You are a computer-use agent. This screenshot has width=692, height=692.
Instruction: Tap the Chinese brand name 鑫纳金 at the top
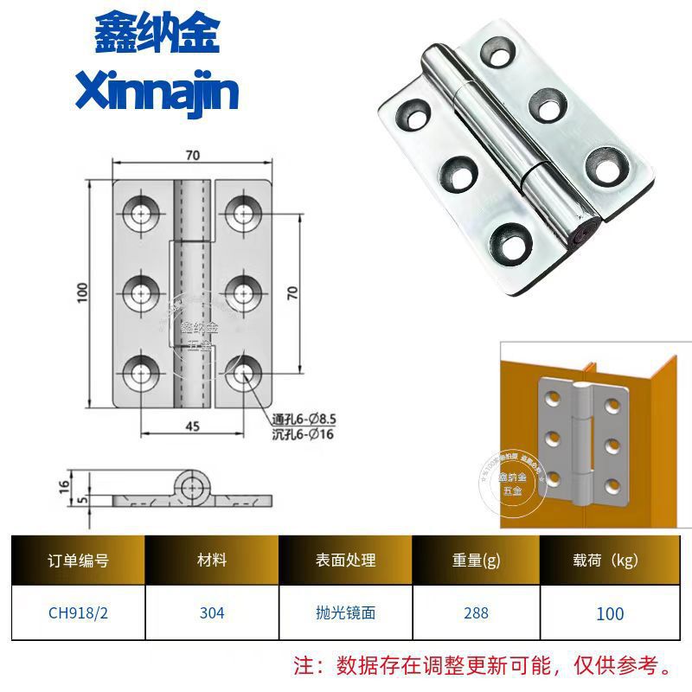157,35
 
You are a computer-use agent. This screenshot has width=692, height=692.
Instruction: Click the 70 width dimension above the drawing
192,156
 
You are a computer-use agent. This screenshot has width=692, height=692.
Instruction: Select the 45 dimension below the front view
192,424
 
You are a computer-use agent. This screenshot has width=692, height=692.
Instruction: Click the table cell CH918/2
78,612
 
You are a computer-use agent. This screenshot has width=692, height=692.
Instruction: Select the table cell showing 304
211,612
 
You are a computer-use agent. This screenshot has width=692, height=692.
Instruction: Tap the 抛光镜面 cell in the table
346,612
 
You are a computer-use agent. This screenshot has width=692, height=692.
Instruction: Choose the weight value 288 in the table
476,612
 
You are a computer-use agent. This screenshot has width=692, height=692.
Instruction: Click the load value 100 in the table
610,613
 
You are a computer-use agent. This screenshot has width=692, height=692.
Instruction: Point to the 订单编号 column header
78,561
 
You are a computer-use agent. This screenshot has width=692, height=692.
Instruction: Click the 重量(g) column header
476,561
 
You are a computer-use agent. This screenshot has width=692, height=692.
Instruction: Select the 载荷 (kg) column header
610,561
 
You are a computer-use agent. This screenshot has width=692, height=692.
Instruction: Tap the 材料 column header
211,561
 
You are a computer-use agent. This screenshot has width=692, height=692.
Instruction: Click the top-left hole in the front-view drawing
140,211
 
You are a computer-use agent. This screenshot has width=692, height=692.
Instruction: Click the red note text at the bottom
484,666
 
